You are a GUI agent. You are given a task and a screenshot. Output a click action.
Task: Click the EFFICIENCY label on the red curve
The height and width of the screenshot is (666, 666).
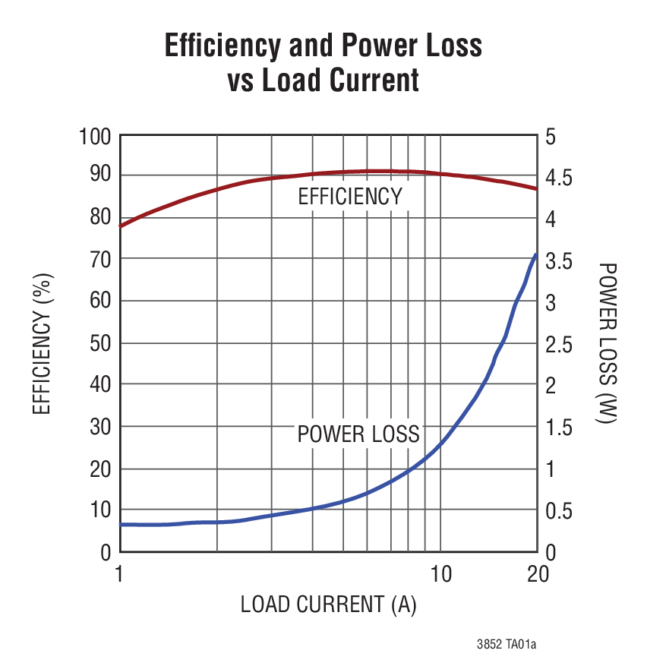click(349, 197)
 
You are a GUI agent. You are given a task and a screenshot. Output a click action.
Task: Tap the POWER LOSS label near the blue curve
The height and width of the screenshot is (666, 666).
click(358, 434)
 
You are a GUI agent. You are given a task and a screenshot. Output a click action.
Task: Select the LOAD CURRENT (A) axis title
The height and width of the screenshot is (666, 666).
click(328, 604)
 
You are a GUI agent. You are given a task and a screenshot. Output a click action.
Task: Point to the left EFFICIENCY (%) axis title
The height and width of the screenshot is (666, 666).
click(43, 345)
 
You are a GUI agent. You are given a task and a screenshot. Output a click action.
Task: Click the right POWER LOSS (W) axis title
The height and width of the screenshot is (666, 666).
click(608, 343)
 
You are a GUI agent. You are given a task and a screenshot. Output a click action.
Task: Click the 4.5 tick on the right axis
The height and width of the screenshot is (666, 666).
click(560, 178)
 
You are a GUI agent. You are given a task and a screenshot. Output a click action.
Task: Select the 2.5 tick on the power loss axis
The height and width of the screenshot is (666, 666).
click(560, 344)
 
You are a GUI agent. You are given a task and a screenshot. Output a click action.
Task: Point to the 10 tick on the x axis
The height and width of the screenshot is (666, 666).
click(440, 574)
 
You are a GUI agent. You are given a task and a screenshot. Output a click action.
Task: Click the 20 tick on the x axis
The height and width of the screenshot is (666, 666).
click(538, 574)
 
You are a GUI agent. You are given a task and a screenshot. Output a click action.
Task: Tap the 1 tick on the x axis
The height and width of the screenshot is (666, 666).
click(119, 574)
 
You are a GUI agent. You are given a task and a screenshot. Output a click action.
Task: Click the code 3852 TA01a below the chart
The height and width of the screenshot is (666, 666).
click(507, 645)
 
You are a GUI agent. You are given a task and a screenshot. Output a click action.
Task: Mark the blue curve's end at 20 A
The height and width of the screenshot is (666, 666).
click(536, 255)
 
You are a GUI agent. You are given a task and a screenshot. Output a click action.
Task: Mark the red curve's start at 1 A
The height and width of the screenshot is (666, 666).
click(120, 226)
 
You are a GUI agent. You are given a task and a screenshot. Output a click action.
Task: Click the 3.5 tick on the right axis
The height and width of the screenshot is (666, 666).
click(560, 261)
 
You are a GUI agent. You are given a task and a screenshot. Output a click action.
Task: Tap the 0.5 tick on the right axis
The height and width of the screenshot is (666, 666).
click(560, 510)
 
